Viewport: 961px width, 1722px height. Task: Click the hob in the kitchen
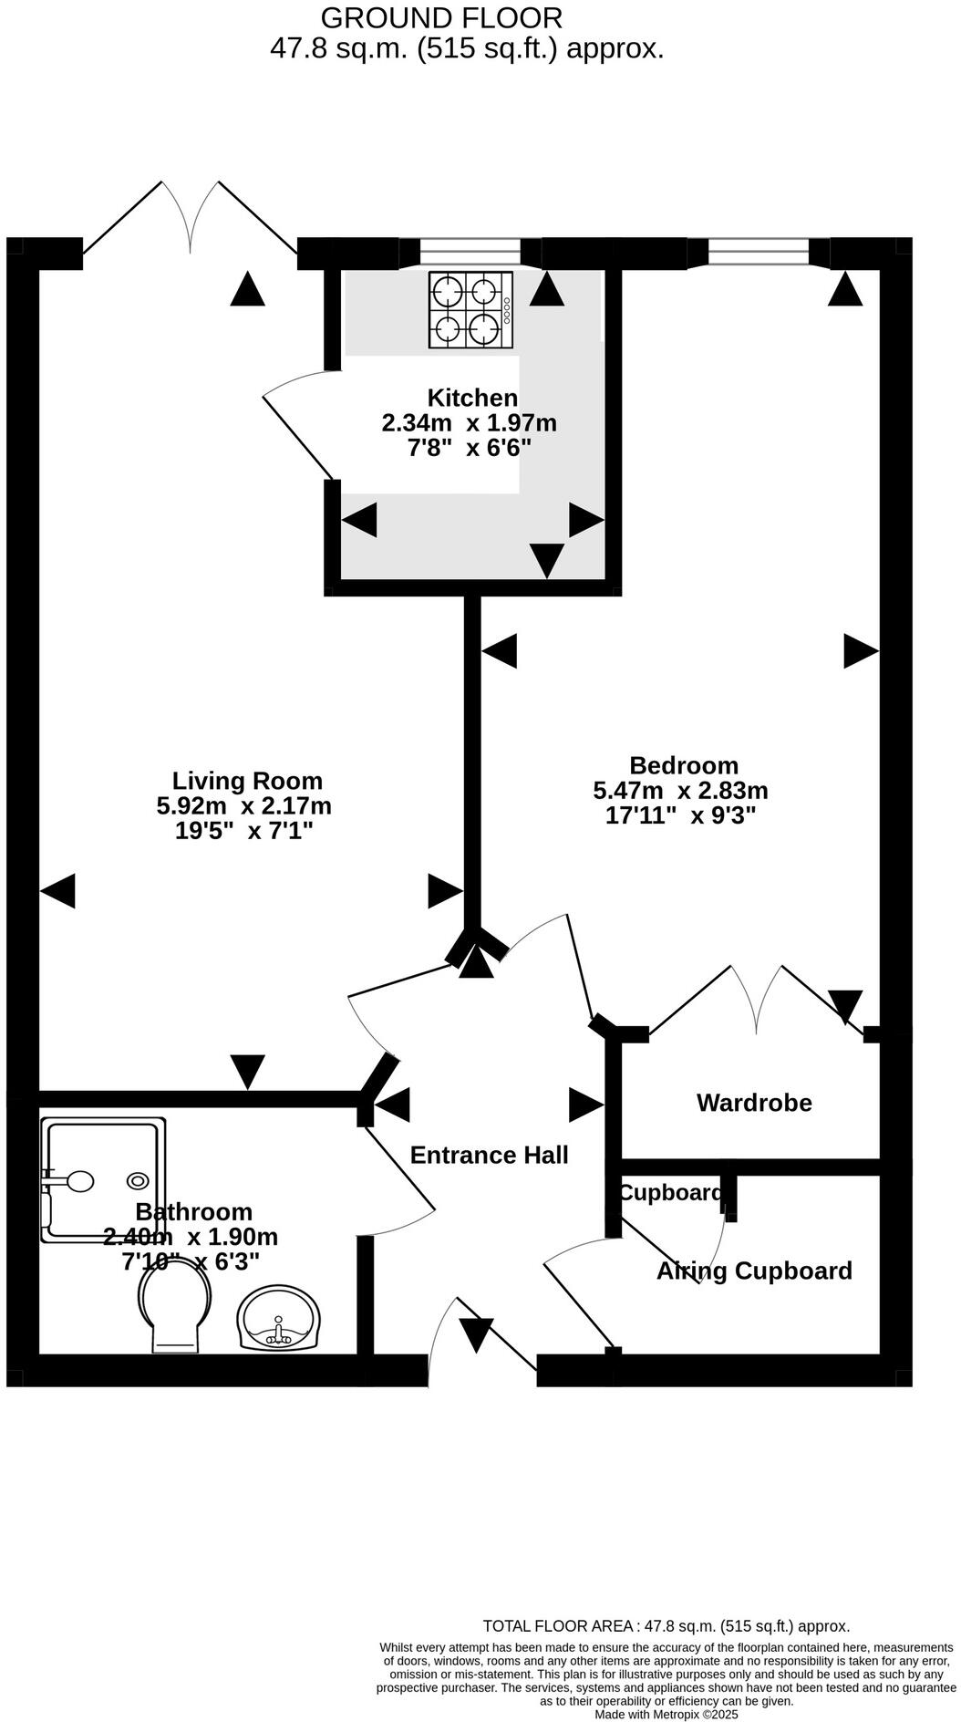coord(471,310)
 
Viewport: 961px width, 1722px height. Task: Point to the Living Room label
coord(247,781)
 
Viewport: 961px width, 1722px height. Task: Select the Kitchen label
coord(472,398)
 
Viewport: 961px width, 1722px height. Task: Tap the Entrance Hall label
coord(489,1155)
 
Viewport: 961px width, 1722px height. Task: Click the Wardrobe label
coord(754,1103)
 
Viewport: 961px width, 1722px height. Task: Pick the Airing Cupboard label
coord(754,1271)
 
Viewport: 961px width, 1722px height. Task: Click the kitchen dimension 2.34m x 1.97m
coord(469,423)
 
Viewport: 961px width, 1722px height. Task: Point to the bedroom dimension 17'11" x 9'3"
coord(680,815)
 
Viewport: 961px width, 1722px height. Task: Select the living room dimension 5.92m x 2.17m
coord(243,806)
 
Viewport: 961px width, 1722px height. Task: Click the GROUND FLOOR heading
coord(441,17)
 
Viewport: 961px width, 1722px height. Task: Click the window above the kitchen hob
coord(470,251)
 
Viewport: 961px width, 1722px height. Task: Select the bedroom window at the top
coord(758,251)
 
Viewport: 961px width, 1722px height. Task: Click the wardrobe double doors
coord(757,1001)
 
